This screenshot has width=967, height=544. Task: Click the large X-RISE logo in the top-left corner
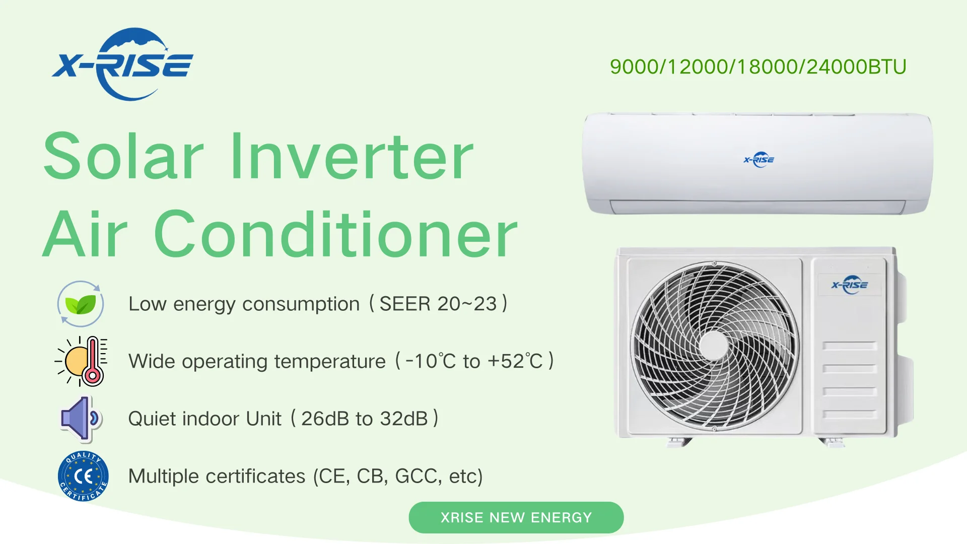(123, 64)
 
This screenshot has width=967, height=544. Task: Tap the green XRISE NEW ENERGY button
(516, 517)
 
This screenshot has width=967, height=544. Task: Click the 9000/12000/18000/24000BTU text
(757, 66)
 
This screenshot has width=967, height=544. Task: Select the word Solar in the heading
(123, 156)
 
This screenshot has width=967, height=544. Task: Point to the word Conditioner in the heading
(335, 235)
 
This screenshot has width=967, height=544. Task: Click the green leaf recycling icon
(81, 304)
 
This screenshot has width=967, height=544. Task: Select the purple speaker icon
(81, 419)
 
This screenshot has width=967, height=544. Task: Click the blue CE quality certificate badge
(83, 476)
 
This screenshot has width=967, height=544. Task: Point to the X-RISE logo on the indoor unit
(759, 160)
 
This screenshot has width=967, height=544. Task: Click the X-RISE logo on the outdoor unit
(850, 285)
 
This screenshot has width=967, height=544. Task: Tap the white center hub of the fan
(714, 346)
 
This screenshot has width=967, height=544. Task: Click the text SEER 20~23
(438, 304)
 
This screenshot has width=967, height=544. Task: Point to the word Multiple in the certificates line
(166, 476)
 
